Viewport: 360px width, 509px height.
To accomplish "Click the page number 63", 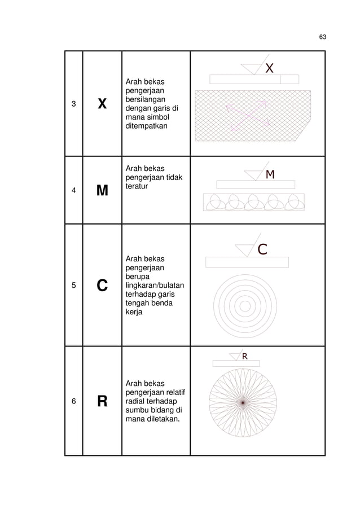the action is (x=322, y=37).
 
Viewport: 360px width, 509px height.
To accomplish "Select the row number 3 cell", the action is (x=74, y=104).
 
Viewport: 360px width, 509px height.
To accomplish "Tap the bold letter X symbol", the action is (x=102, y=104).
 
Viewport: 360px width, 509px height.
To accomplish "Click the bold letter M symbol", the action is (x=102, y=190).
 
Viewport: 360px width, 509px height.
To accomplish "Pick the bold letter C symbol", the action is (x=102, y=286).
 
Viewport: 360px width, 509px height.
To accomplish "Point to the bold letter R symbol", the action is (x=102, y=401).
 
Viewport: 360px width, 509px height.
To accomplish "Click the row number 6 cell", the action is (x=74, y=401).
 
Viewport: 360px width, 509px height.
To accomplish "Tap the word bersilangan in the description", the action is (x=146, y=99).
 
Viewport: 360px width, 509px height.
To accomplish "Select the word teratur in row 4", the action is (x=137, y=186).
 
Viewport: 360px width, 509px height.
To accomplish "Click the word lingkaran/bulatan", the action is (x=155, y=286).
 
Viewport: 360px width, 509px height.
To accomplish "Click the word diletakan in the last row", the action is (x=163, y=419).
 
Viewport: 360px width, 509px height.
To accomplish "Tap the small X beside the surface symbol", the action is (x=269, y=68).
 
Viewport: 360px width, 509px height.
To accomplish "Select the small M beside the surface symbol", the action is (x=270, y=174).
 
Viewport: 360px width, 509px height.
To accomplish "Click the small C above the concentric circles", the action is (x=262, y=249).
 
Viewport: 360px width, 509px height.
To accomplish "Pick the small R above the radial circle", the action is (x=245, y=357).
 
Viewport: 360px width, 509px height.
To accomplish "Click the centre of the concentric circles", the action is (x=245, y=306).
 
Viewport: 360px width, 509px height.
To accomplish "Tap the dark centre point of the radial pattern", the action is (x=243, y=403).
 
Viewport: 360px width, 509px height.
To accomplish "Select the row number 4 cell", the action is (x=74, y=190).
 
